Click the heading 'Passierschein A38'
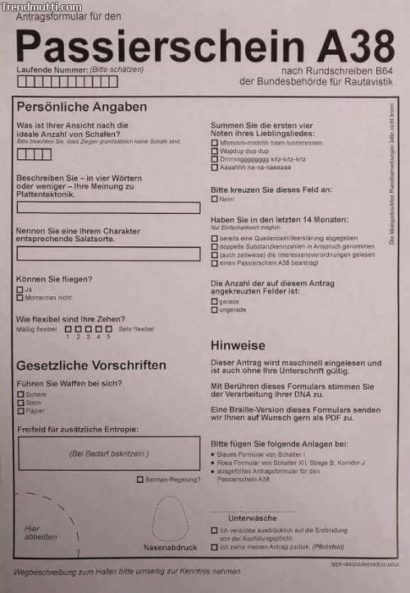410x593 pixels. click(x=205, y=46)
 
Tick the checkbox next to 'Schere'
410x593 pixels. click(x=20, y=394)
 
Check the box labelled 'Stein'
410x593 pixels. click(x=20, y=402)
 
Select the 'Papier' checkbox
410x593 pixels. click(x=20, y=410)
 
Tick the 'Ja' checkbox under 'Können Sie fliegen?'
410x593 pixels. click(x=20, y=290)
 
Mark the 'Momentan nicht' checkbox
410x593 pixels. click(x=20, y=298)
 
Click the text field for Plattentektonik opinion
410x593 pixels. click(x=108, y=208)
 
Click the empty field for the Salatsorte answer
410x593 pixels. click(x=108, y=253)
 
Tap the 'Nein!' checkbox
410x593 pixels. click(x=215, y=199)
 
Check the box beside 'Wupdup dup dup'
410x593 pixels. click(x=215, y=151)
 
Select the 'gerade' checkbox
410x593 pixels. click(x=215, y=301)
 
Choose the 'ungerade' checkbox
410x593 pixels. click(x=215, y=309)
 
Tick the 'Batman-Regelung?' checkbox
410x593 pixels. click(x=140, y=479)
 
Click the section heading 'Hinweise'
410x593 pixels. click(x=238, y=345)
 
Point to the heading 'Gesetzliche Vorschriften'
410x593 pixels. click(x=91, y=365)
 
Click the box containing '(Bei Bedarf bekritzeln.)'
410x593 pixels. click(x=108, y=453)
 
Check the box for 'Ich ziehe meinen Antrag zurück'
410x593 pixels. click(x=215, y=546)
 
